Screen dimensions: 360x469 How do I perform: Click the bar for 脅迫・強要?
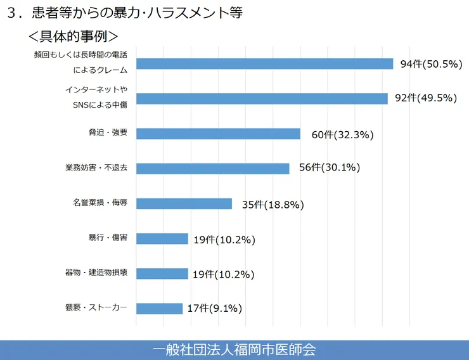point(218,134)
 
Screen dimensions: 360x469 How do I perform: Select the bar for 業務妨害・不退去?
point(213,169)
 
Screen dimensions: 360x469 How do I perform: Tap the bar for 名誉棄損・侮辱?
point(184,203)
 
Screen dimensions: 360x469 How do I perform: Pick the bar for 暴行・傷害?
point(162,238)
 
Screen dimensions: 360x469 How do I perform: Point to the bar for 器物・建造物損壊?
point(162,273)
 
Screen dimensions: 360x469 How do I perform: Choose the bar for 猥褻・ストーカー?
point(159,308)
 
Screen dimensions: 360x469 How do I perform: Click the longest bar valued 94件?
point(265,63)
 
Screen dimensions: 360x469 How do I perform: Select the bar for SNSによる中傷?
point(262,98)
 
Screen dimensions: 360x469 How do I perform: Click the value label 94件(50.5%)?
point(430,64)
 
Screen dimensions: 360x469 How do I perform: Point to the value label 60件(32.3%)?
point(342,135)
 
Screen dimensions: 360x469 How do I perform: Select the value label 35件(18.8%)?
point(273,205)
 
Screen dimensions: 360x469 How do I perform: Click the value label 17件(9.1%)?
point(215,309)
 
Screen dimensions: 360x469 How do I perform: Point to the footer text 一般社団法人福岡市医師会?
point(234,349)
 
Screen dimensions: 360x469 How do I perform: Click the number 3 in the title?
point(11,13)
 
